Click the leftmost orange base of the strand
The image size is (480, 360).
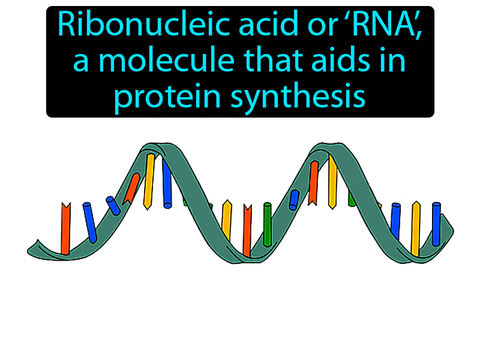tap(65, 228)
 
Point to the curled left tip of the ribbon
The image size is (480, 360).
tap(36, 247)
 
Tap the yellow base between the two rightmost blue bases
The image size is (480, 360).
tap(415, 228)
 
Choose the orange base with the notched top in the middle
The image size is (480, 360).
tap(247, 228)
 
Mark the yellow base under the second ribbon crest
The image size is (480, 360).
tap(332, 180)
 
